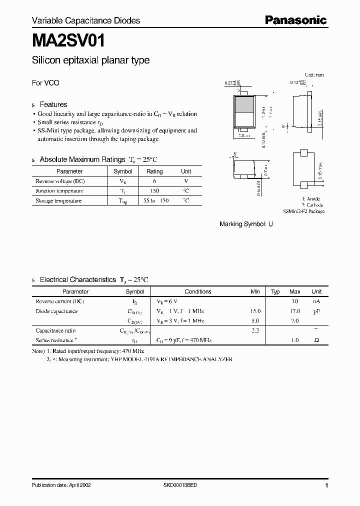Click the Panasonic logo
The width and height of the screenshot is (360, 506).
(x=295, y=20)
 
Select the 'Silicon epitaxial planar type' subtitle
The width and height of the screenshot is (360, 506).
(x=90, y=60)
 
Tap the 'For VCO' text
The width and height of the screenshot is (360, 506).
(x=45, y=83)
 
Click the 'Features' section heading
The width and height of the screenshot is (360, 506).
(x=53, y=104)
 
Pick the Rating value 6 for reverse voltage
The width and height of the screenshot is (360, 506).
(x=154, y=181)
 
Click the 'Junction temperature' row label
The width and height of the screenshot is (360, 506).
(x=59, y=191)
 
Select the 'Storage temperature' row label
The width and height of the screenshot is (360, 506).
(x=58, y=201)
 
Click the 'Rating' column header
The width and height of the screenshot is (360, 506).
(x=154, y=171)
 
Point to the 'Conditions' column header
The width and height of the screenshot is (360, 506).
(x=198, y=291)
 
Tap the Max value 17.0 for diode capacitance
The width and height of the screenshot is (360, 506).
(x=295, y=311)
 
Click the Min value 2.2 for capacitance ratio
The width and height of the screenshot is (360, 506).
(x=255, y=330)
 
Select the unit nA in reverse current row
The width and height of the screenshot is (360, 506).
(x=316, y=301)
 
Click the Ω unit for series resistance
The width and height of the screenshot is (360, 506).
(x=316, y=340)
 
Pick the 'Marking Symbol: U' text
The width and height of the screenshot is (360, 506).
(x=246, y=224)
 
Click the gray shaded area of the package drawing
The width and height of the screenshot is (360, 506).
(x=243, y=105)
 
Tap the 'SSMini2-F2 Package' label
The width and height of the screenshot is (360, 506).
(x=303, y=211)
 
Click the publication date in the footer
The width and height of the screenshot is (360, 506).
(x=61, y=485)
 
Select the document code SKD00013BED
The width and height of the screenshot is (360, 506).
(x=180, y=485)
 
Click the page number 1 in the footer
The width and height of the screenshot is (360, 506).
(x=326, y=485)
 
